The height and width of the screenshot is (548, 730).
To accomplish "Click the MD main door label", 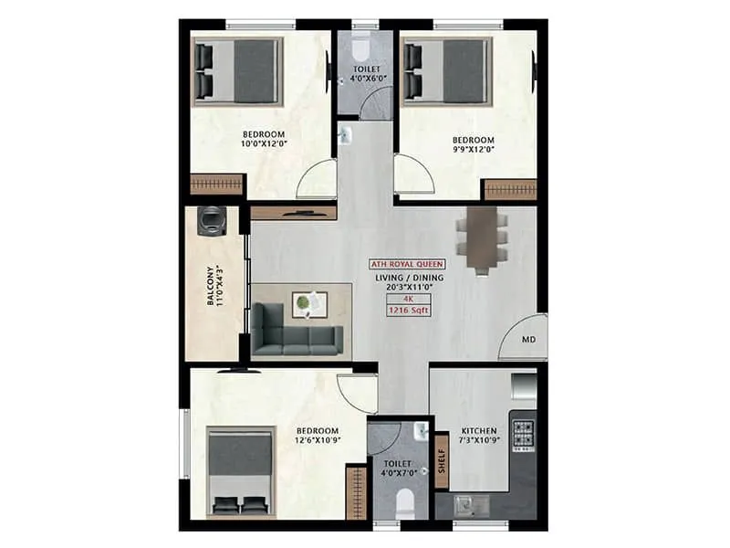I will pos(528,340).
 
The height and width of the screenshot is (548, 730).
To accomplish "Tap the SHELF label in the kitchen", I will pos(442,462).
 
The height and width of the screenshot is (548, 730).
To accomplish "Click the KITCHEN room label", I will pos(479,430).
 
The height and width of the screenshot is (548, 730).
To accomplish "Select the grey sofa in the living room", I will pos(297,330).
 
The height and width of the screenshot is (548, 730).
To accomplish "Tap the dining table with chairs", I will pos(482,239).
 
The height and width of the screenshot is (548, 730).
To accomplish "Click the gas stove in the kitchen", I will pos(524,436).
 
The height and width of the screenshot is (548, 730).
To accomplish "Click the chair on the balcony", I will pos(213,220).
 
